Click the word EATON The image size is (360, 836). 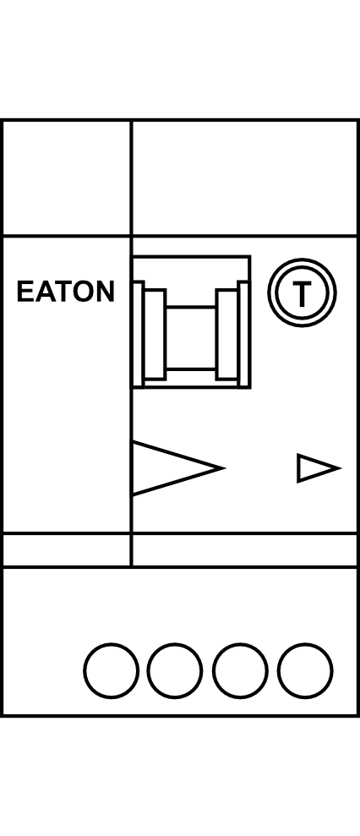click(66, 291)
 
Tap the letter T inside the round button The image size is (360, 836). click(302, 292)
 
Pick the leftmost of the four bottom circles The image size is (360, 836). click(111, 670)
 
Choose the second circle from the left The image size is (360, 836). click(175, 670)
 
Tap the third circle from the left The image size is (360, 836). click(240, 670)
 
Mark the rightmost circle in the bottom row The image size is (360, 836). click(305, 670)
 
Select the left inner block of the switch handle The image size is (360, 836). click(155, 335)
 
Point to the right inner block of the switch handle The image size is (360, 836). click(227, 335)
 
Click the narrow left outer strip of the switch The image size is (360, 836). click(138, 334)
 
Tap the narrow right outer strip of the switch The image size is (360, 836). click(243, 334)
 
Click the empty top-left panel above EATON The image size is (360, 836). click(67, 178)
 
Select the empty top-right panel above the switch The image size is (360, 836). click(244, 178)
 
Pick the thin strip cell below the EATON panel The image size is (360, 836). click(67, 549)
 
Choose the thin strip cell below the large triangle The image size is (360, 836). click(244, 549)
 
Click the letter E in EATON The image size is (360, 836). click(25, 291)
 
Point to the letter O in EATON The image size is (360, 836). click(83, 291)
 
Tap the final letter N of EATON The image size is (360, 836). click(106, 291)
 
